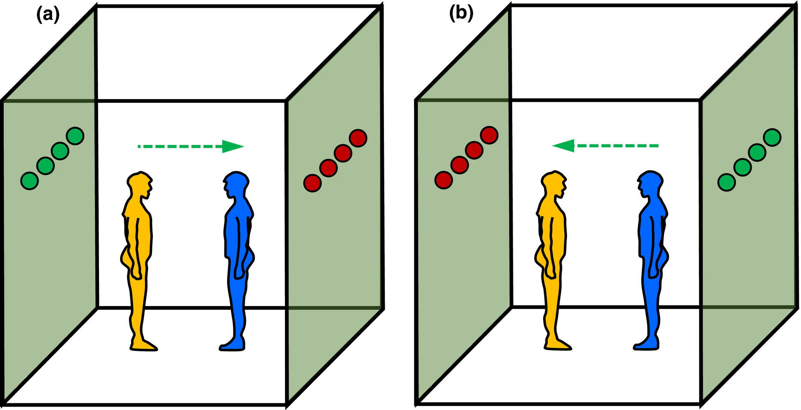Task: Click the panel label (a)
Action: point(48,15)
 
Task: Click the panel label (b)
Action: point(461,14)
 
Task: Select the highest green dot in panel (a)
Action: point(75,136)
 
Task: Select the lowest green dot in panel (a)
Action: point(29,181)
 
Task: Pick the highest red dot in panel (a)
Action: point(358,138)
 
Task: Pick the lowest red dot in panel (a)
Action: point(312,183)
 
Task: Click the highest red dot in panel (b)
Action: point(489,135)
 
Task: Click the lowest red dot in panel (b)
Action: point(444,180)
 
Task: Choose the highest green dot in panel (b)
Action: point(772,137)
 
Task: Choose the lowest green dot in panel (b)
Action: point(726,182)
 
